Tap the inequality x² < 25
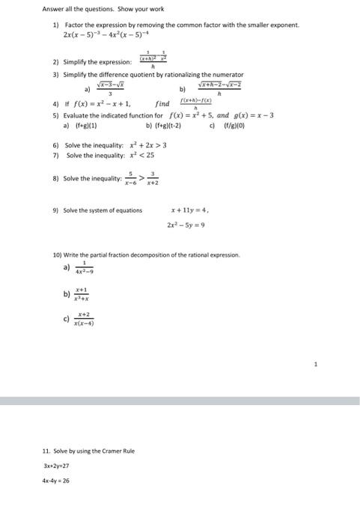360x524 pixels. [x=134, y=155]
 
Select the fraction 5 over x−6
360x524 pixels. [x=130, y=179]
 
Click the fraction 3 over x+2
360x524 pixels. [x=152, y=179]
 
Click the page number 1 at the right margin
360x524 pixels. [x=316, y=365]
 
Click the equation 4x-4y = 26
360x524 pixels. [x=56, y=481]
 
